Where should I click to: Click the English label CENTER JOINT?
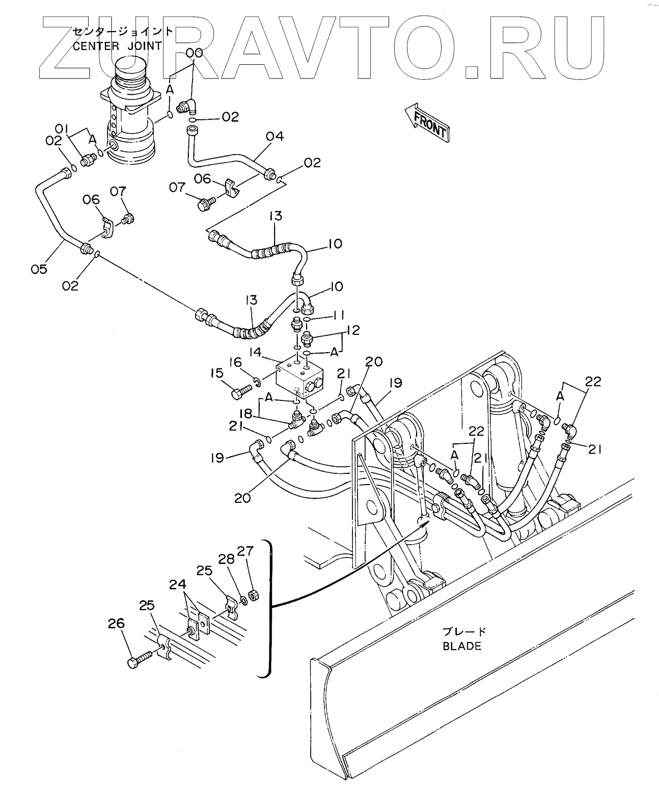point(118,46)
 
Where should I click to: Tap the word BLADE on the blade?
point(461,646)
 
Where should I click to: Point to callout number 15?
point(217,373)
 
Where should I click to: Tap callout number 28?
point(227,559)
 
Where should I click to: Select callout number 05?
point(39,269)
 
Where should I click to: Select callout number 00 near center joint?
point(194,53)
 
